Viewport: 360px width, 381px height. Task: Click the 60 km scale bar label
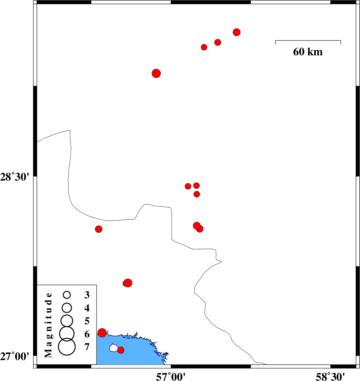pyautogui.click(x=308, y=52)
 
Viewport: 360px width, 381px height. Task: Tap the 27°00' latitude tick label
pyautogui.click(x=15, y=356)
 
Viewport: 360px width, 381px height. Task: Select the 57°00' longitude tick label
pyautogui.click(x=171, y=376)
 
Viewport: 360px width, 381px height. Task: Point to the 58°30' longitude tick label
pyautogui.click(x=330, y=376)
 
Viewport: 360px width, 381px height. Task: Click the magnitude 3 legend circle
pyautogui.click(x=67, y=295)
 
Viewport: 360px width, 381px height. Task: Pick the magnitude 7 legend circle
pyautogui.click(x=67, y=347)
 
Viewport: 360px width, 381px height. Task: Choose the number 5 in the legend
pyautogui.click(x=87, y=321)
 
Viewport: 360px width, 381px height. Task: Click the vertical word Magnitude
pyautogui.click(x=48, y=325)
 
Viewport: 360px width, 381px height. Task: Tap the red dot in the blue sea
pyautogui.click(x=121, y=350)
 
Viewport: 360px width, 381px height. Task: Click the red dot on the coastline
pyautogui.click(x=102, y=332)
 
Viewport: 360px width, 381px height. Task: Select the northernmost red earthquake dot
pyautogui.click(x=236, y=32)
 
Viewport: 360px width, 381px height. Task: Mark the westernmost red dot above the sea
pyautogui.click(x=99, y=229)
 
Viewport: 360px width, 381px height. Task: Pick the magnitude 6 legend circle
pyautogui.click(x=67, y=333)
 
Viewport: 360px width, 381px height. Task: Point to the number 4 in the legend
pyautogui.click(x=87, y=308)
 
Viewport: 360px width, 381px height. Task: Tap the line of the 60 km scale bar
pyautogui.click(x=308, y=40)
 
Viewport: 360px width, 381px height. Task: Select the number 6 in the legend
pyautogui.click(x=87, y=334)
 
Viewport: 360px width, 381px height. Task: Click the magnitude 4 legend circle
pyautogui.click(x=67, y=308)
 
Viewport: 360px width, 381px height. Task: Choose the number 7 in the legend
pyautogui.click(x=87, y=347)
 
